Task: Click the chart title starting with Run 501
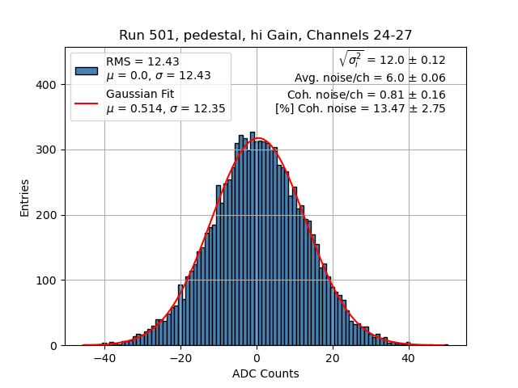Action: (265, 36)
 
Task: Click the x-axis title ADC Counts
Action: (265, 373)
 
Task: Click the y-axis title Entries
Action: (25, 196)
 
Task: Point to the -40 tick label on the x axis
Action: (104, 358)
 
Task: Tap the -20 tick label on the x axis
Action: (180, 358)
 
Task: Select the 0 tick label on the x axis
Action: (257, 358)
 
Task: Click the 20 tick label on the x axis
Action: (333, 358)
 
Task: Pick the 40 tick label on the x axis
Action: (409, 358)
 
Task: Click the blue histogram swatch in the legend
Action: (86, 70)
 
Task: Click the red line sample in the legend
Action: (86, 102)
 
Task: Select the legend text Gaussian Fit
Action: (139, 95)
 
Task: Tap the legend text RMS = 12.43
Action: (142, 62)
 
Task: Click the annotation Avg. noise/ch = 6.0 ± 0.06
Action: (370, 78)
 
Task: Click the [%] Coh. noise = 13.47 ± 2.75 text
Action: (360, 108)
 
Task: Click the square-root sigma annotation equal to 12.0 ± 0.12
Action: (392, 60)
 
